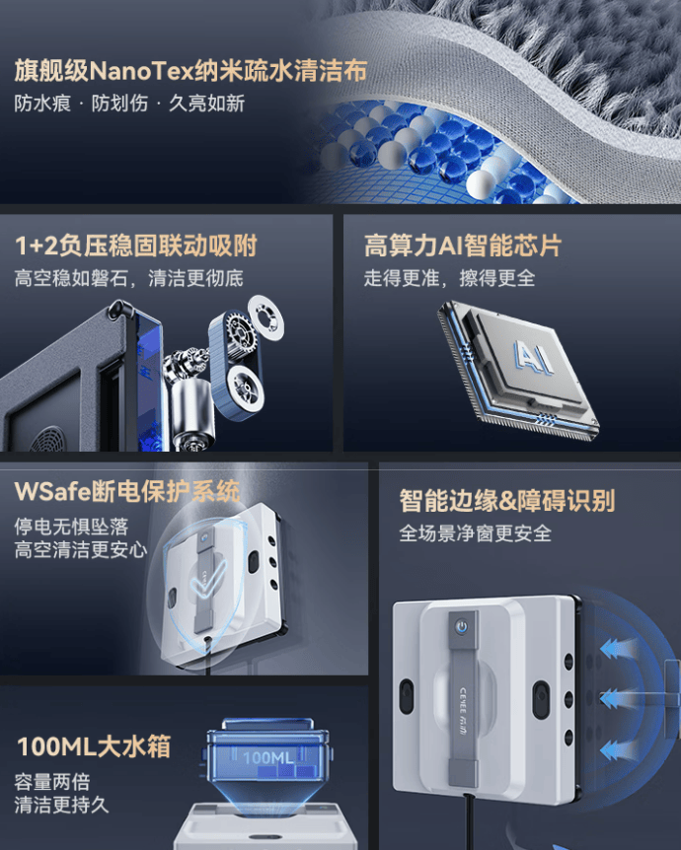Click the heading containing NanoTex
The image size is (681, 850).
[x=190, y=71]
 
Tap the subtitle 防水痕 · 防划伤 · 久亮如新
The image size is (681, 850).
[x=129, y=104]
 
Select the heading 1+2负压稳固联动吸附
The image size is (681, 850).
[x=135, y=246]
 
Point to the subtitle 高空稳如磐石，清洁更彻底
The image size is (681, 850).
[x=128, y=278]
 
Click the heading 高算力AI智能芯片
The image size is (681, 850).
[x=462, y=246]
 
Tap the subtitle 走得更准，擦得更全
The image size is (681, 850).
[x=449, y=278]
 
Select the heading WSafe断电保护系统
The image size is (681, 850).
[x=127, y=490]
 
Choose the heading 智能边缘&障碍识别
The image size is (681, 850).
[x=506, y=500]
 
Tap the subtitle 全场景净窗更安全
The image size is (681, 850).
[x=475, y=533]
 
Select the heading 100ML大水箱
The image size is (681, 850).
[x=94, y=745]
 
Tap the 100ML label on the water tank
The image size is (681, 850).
[x=269, y=757]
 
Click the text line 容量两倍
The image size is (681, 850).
[x=51, y=782]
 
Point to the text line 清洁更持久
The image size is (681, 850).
[x=61, y=805]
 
